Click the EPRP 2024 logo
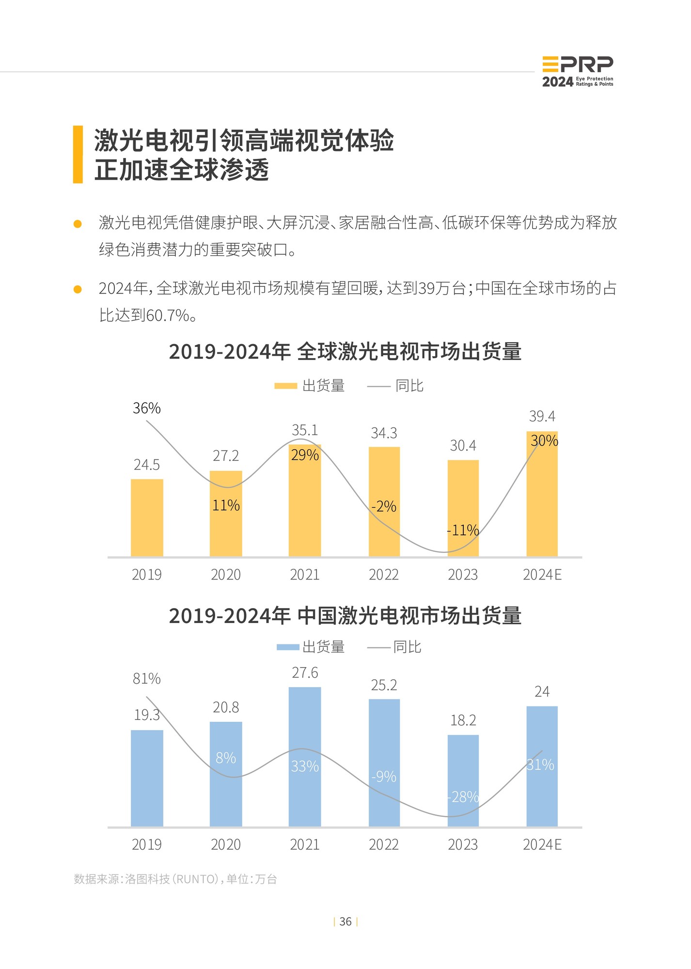(577, 72)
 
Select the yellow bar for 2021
(304, 504)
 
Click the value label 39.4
(542, 416)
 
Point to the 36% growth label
(146, 408)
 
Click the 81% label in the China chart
(146, 679)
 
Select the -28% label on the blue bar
(463, 797)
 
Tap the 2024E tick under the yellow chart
(542, 575)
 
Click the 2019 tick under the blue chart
(146, 844)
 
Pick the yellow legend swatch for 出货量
(285, 386)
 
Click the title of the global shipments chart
(345, 351)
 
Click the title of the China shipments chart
(345, 616)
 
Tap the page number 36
(345, 922)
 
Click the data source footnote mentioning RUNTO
(175, 879)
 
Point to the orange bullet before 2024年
(78, 289)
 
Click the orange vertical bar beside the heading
(78, 155)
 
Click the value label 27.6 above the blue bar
(305, 673)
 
